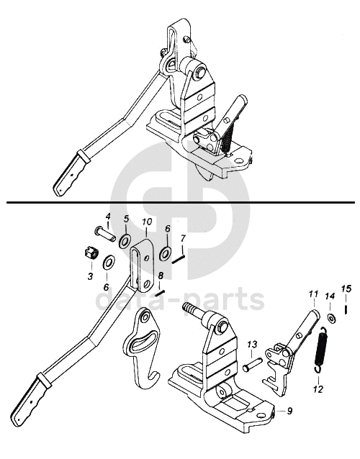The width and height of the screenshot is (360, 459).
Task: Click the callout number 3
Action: (90, 276)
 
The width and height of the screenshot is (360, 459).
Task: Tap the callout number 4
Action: (108, 217)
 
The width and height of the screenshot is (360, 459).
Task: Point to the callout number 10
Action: (147, 222)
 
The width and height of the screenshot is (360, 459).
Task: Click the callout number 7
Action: (183, 239)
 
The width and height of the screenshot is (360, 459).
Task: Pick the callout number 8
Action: (161, 276)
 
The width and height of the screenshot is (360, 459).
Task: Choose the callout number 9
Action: (289, 411)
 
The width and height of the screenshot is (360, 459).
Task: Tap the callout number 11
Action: (313, 294)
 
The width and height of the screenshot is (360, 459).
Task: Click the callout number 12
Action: (318, 389)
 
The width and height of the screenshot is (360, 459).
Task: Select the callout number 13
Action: (253, 344)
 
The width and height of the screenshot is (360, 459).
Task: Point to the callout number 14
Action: (330, 296)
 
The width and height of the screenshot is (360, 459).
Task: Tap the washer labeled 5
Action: (125, 241)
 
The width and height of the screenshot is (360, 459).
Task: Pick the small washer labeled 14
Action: (332, 317)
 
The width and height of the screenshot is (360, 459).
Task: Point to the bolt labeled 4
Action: (105, 235)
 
